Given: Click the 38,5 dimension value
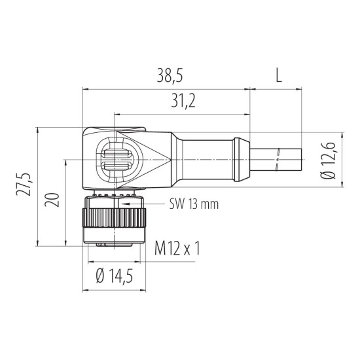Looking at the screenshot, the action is click(x=170, y=76).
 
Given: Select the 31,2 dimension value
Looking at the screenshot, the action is click(x=183, y=101).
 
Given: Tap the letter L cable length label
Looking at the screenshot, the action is click(x=278, y=76).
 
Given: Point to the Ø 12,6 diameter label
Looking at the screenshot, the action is click(x=328, y=160).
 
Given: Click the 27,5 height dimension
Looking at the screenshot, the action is click(x=24, y=184).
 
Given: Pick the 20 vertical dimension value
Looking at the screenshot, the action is click(x=52, y=200).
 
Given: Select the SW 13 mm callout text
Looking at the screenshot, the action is click(x=194, y=204).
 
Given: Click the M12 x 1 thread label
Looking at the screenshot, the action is click(x=177, y=248).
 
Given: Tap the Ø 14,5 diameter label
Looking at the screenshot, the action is click(x=115, y=276).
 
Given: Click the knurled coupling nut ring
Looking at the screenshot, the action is click(x=114, y=218).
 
